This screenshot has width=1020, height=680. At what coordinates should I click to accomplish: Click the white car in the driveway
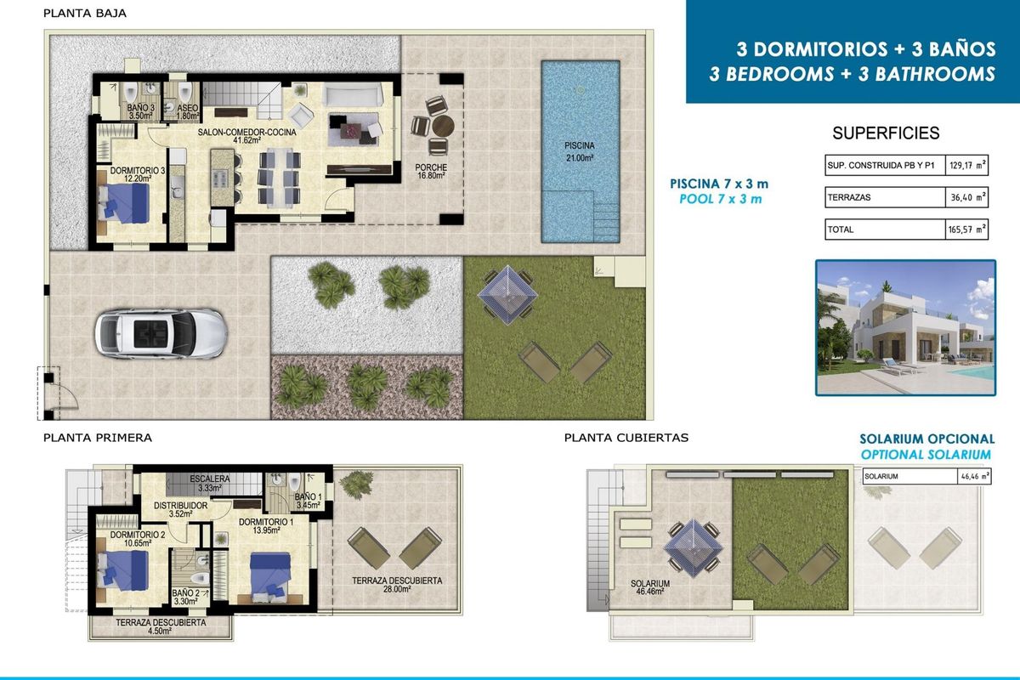click(x=161, y=332)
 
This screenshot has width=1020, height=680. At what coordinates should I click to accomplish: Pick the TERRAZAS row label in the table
click(x=848, y=198)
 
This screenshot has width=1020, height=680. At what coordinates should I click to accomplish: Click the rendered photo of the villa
click(x=905, y=328)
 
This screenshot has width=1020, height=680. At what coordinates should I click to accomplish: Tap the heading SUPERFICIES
click(x=886, y=133)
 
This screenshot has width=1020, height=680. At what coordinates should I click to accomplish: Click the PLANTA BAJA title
click(x=85, y=14)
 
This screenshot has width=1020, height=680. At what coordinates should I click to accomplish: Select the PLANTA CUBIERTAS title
click(x=626, y=439)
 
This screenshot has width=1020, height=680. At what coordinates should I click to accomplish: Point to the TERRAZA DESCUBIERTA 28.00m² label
click(x=397, y=586)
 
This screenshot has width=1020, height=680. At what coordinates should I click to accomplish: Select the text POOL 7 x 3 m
click(x=721, y=199)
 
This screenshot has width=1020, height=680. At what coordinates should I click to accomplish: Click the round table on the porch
click(x=442, y=126)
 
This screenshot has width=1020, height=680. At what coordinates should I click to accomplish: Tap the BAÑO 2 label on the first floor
click(x=184, y=598)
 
